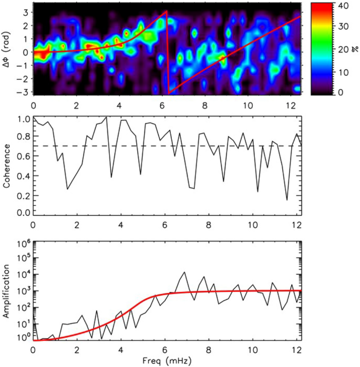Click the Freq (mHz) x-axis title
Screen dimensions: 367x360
tap(167, 361)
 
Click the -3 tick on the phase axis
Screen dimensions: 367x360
tap(23, 92)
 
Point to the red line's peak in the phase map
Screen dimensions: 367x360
tap(166, 11)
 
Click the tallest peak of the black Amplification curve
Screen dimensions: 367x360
tap(183, 272)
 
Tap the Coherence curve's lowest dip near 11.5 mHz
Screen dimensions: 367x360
tap(287, 200)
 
